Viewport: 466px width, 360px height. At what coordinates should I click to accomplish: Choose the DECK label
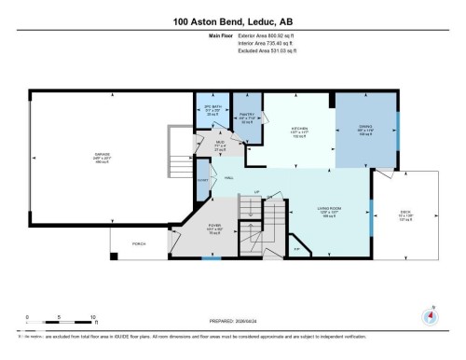(x=404, y=212)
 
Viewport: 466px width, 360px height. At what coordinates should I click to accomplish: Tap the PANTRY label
(x=246, y=118)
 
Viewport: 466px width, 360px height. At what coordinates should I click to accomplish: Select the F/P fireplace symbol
(x=296, y=248)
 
